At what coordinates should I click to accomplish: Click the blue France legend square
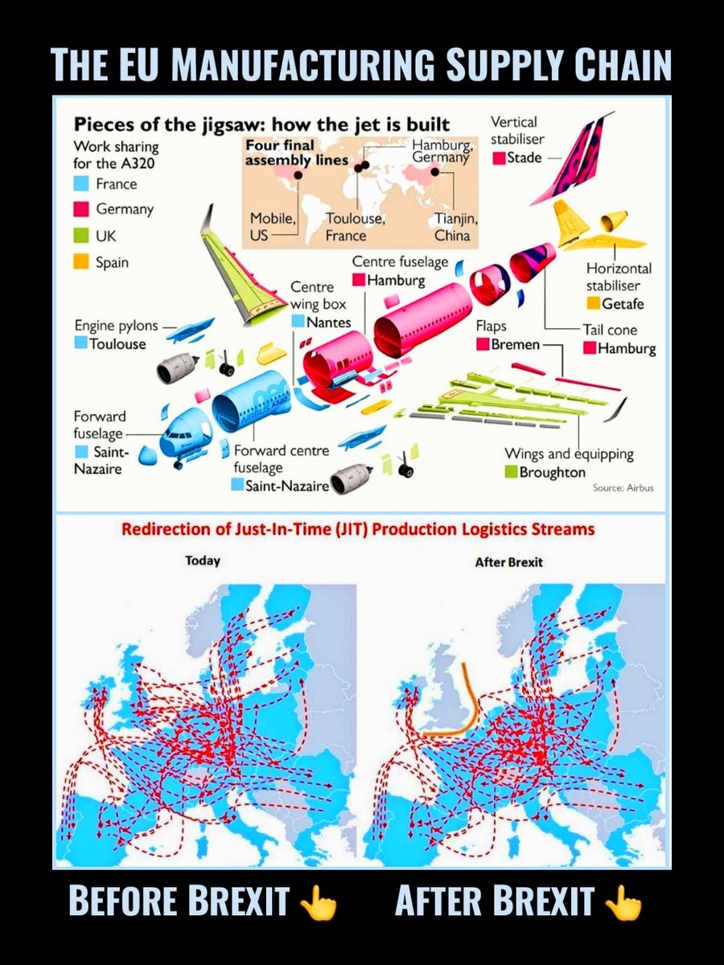click(81, 183)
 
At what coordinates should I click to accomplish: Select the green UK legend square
click(81, 236)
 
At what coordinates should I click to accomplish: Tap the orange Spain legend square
click(81, 262)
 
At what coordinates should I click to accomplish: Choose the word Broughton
click(552, 472)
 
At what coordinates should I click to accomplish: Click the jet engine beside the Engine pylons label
click(174, 369)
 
